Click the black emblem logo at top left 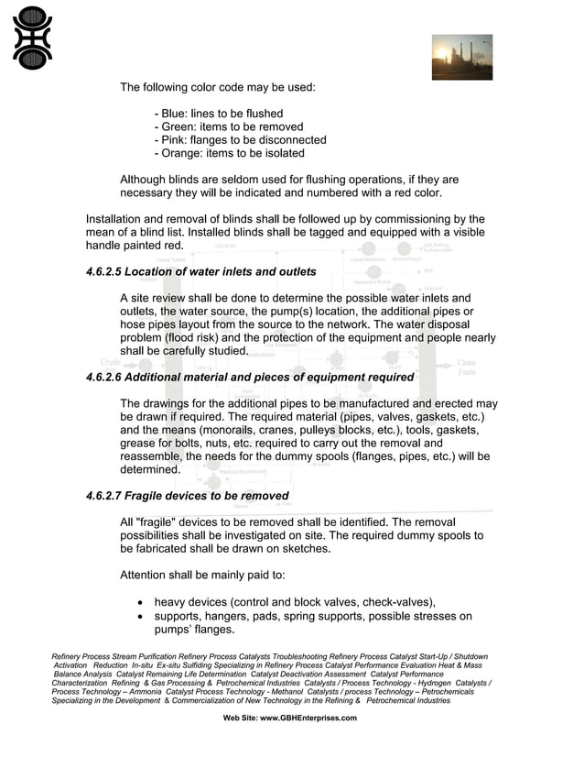pos(32,38)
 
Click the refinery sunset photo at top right pos(461,57)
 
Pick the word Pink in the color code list pos(173,140)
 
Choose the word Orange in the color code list pos(182,153)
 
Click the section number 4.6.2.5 pos(103,272)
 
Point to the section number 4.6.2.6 pos(103,378)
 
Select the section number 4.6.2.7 pos(103,496)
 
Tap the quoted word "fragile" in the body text pos(160,521)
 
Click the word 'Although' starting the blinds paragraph pos(147,180)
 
